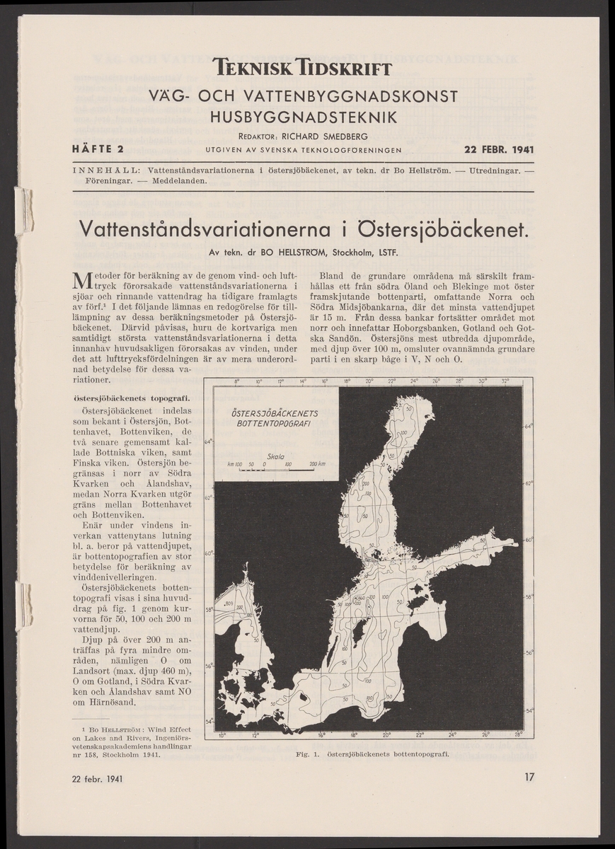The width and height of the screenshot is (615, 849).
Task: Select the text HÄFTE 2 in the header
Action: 98,149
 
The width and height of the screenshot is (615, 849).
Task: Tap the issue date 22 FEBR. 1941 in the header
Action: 499,149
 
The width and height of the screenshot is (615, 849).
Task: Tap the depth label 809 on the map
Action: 229,603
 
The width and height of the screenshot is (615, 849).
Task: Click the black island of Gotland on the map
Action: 359,627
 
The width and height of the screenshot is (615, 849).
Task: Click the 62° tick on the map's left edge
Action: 209,498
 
